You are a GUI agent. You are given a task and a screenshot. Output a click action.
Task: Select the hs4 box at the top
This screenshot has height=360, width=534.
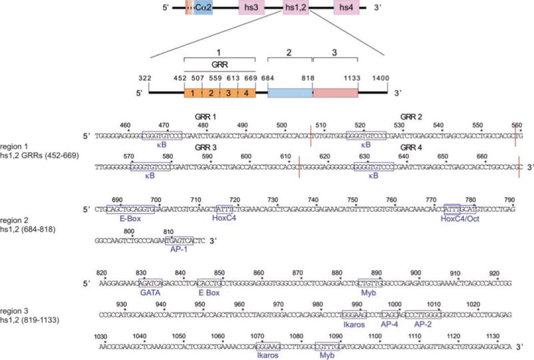coord(346,9)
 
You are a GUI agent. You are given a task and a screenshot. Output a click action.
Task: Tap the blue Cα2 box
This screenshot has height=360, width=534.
coord(204,9)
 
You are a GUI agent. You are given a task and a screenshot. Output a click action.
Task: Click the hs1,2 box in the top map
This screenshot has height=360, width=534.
coord(296,9)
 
